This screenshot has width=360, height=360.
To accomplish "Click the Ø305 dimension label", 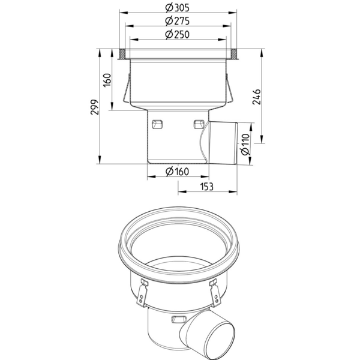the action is pos(178,8).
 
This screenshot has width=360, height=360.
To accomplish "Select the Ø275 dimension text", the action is pos(178,21).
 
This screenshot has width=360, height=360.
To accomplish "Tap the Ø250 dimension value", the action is pos(178,35).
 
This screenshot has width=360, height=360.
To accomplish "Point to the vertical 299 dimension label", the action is pos(94,107).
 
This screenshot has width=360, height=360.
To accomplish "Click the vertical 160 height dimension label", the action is pos(107,80).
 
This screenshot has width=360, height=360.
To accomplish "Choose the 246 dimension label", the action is pos(257,97).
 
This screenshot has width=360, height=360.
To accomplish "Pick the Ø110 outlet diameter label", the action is pos(245,145).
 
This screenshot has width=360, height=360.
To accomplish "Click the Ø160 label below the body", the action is pos(178,172).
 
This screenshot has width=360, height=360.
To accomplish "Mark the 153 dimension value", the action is pos(207,187).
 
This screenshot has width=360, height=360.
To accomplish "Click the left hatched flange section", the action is pos(122,54).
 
